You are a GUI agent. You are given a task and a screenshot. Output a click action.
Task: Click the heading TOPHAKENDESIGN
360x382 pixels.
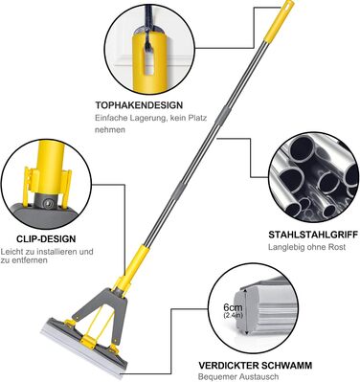pos(139,105)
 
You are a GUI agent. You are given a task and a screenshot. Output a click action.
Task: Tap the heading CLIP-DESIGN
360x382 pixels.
pos(46,238)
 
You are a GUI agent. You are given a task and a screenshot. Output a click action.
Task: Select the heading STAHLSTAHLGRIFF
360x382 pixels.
pos(313,235)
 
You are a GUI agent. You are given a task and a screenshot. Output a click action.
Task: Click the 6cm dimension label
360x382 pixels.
pos(233,308)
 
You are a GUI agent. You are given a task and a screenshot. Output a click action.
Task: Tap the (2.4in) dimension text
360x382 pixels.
pos(233,315)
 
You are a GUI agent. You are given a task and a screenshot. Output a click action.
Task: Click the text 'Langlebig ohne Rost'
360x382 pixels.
pos(306,247)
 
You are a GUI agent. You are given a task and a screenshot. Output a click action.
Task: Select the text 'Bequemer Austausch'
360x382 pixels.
pos(238,376)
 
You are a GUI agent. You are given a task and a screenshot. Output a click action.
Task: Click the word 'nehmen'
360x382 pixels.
pos(110,130)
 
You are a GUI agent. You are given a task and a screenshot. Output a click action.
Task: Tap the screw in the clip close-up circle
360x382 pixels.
pos(49,203)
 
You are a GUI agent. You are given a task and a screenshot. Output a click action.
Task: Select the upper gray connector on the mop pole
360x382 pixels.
pos(220,116)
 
